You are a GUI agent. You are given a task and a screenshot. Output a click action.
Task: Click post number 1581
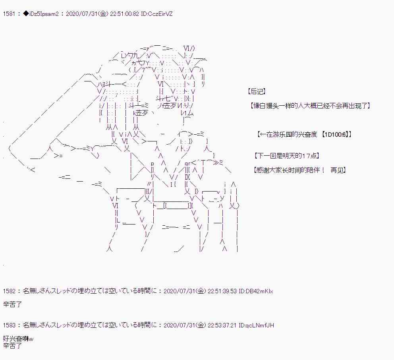[x=9, y=14]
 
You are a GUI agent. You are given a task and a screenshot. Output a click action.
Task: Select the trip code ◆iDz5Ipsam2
[x=42, y=14]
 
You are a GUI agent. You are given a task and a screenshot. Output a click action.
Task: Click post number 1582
[x=9, y=291]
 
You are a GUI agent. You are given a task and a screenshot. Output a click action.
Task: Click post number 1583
[x=9, y=325]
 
